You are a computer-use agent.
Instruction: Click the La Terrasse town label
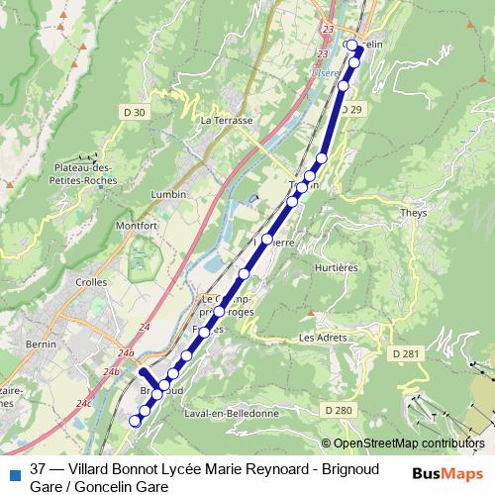(227, 120)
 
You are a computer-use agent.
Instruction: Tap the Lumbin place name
(169, 195)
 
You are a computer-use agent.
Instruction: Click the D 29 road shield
(351, 109)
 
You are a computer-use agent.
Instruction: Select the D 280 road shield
(338, 410)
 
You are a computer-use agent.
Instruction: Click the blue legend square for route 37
(13, 472)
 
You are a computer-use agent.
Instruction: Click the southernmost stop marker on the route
(137, 421)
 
